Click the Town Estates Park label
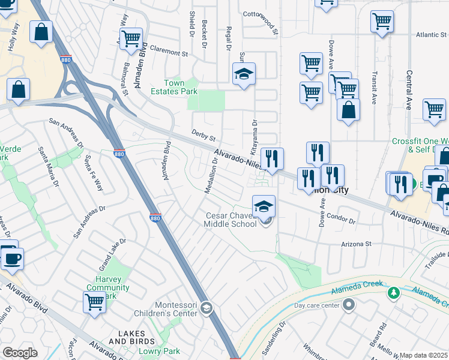(181, 87)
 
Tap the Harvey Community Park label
(108, 287)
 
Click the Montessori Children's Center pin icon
(206, 308)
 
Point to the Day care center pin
(349, 305)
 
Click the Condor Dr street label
(343, 220)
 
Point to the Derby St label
(203, 136)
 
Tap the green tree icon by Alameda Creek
(394, 293)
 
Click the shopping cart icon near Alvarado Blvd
(94, 303)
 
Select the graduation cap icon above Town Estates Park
(244, 74)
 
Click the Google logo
(20, 353)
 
